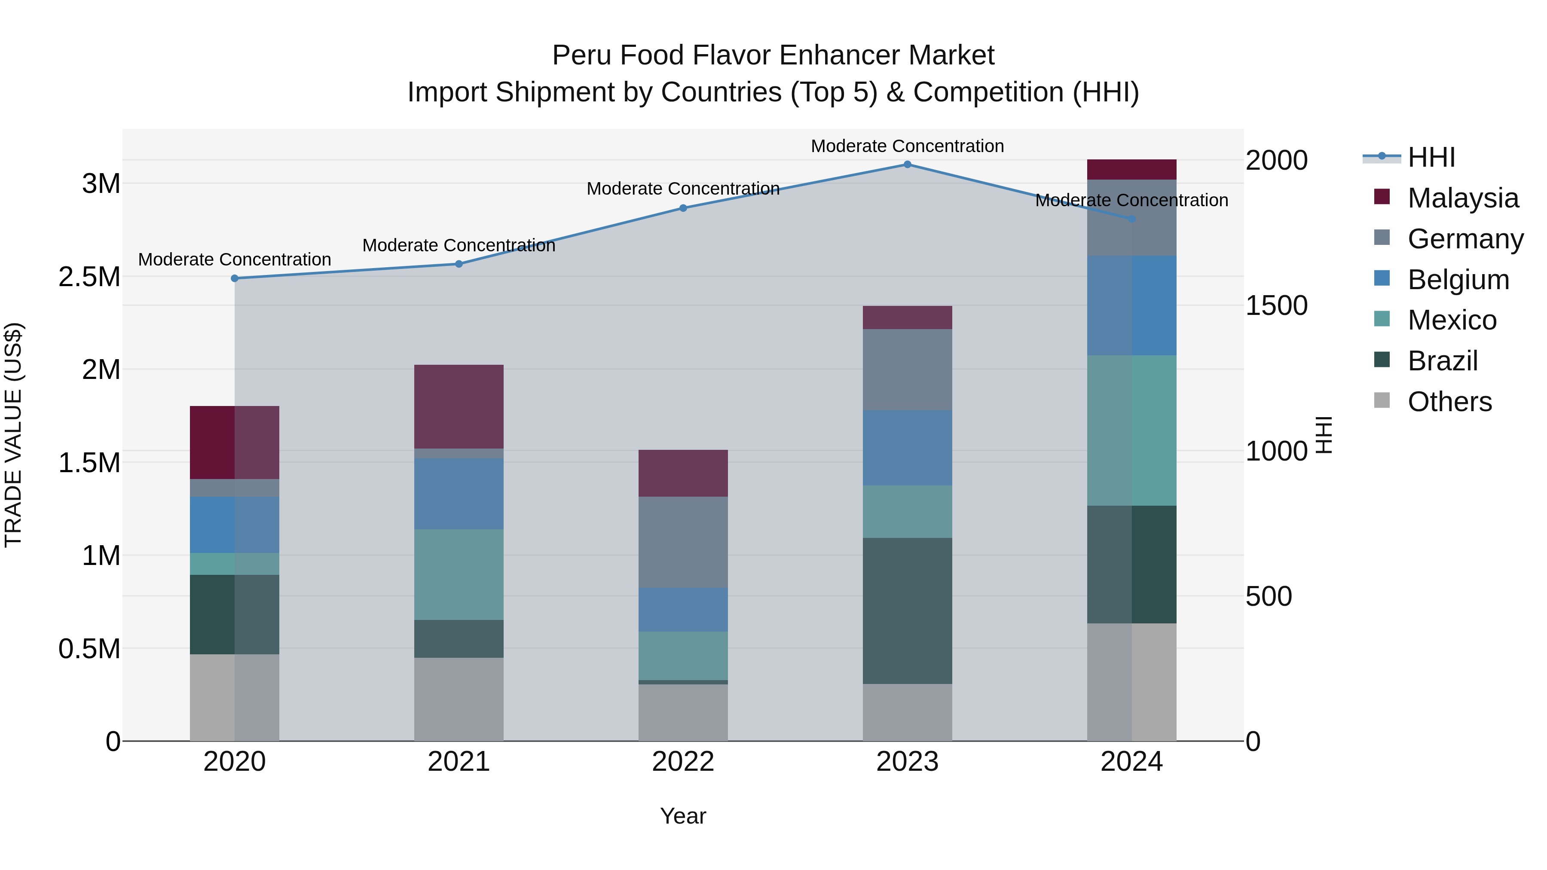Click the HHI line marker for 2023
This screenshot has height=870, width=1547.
(x=908, y=165)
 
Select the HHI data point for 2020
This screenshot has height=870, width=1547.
(x=235, y=278)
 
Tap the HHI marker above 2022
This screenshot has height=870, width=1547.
(x=683, y=208)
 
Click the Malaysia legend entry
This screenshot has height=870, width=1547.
(x=1462, y=198)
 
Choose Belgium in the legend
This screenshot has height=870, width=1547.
(x=1458, y=280)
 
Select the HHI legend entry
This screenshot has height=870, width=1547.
(x=1431, y=157)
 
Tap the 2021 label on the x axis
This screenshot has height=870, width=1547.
(x=459, y=762)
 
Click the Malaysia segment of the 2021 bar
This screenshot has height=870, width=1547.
(x=459, y=406)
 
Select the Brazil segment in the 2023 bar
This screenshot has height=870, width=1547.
(x=908, y=611)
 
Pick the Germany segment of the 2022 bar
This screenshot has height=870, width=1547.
(x=683, y=542)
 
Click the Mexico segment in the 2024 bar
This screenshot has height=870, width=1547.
(x=1131, y=430)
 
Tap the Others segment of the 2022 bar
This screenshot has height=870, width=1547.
(x=683, y=713)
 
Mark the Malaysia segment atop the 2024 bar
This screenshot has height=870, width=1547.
(x=1131, y=170)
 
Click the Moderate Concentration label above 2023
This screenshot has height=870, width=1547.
(x=908, y=146)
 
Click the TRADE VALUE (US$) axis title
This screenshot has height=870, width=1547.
(x=13, y=435)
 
